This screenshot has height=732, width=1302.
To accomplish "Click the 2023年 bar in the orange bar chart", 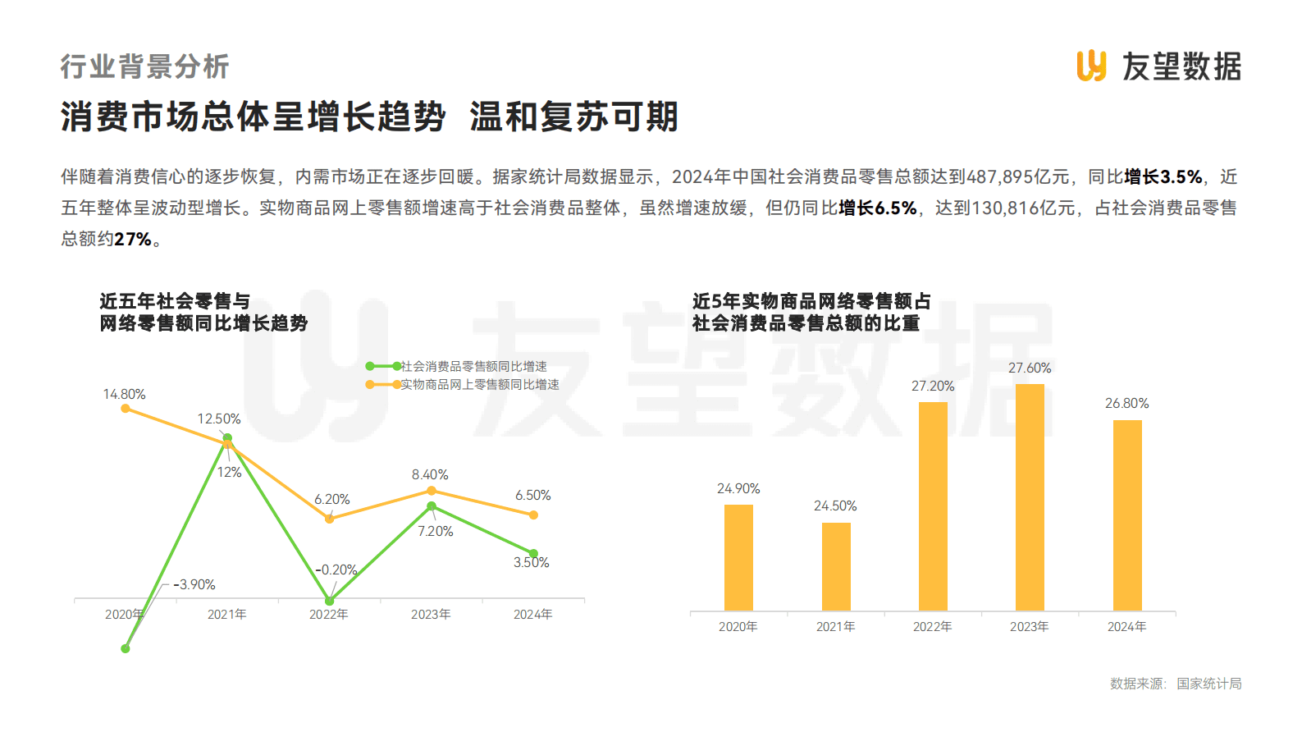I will point(1030,497).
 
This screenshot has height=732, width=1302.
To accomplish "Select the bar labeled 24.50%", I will point(836,566).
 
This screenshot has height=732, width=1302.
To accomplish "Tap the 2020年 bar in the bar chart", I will point(738,557).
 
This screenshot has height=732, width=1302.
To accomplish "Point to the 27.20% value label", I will point(933,386).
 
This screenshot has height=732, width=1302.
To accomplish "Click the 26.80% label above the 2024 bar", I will point(1126,403).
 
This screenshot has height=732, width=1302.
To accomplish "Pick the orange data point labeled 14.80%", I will point(126,408).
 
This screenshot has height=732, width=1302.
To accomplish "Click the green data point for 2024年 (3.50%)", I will point(533,553).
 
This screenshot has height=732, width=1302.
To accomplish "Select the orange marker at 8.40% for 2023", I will point(432,491).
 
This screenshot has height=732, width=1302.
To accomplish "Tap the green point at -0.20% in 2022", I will point(330,601).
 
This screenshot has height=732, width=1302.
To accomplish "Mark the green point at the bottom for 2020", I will point(126,648).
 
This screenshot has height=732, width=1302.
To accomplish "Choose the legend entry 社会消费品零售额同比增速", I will point(473,366).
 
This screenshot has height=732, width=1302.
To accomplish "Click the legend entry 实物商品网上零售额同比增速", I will point(479,384).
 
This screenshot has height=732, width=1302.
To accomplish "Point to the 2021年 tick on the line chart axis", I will point(226,614).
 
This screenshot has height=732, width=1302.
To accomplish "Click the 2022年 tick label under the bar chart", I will point(933,626).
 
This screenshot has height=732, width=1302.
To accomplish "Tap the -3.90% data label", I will point(194,584).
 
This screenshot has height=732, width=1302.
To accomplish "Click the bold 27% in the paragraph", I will point(133,239).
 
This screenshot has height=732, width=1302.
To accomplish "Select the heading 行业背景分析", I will point(144,66).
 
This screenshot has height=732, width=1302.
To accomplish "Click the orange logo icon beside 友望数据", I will point(1091,66).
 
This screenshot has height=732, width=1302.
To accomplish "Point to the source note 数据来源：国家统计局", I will point(1175,684).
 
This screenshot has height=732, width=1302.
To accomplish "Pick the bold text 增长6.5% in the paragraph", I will point(877,208).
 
